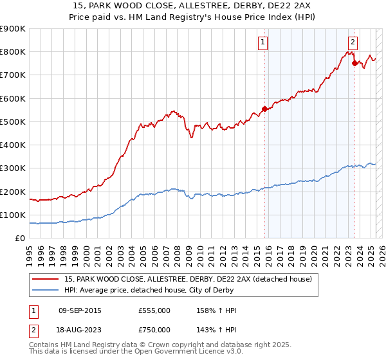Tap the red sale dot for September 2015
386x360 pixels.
(264, 109)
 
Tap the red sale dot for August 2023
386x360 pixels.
(354, 62)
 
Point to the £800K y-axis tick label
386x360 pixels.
(13, 52)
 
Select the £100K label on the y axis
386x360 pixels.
(13, 215)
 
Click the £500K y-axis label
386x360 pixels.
(13, 122)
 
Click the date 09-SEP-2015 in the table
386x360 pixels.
(80, 310)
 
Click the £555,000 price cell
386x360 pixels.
(154, 310)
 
